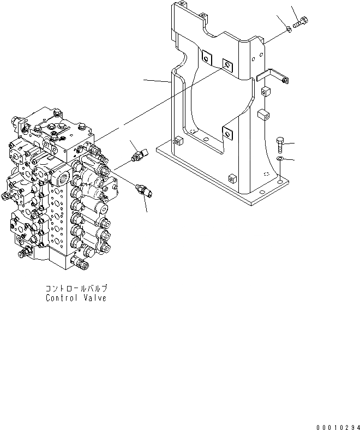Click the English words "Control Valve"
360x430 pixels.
coord(76,298)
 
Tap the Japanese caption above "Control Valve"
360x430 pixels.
coord(76,288)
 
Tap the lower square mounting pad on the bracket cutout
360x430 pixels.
coord(226,132)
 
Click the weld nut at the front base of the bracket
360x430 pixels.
coord(232,178)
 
